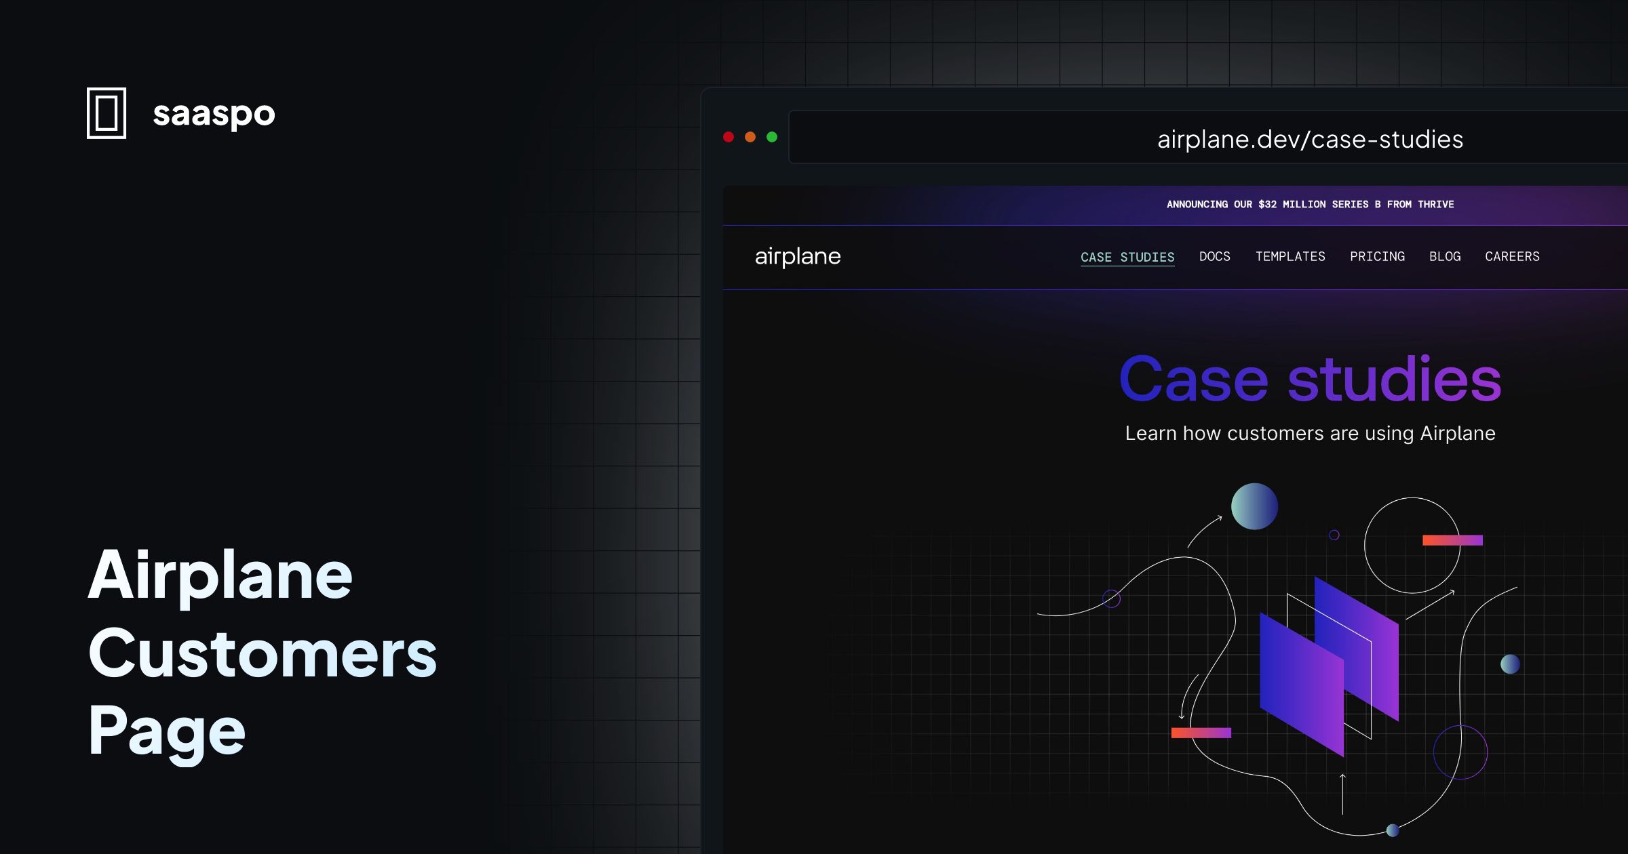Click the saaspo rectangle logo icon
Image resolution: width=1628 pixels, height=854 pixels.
click(106, 113)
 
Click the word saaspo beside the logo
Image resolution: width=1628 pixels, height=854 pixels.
click(214, 113)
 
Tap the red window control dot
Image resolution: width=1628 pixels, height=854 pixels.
click(729, 137)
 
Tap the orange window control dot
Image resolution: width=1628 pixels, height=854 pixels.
click(750, 137)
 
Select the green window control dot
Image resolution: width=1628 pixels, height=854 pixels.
click(772, 137)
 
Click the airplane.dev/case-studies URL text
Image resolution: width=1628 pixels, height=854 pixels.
click(1310, 139)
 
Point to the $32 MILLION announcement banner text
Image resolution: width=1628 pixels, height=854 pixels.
click(1310, 204)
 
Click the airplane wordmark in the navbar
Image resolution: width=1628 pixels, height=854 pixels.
click(798, 256)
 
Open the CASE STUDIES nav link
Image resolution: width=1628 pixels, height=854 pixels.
click(1127, 257)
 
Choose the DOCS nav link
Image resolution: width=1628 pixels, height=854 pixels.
click(1214, 256)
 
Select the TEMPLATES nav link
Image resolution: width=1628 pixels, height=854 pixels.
click(1290, 256)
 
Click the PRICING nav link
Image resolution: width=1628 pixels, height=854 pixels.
click(1377, 256)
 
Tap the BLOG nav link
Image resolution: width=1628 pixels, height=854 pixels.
click(1445, 256)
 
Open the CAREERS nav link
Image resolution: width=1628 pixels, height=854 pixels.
click(1512, 256)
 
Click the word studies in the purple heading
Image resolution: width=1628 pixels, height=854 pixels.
click(1394, 379)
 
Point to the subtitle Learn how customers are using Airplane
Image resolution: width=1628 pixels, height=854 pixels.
click(1310, 433)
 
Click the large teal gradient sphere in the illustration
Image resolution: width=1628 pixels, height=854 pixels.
click(1254, 506)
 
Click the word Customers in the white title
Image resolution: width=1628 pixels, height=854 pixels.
click(263, 653)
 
